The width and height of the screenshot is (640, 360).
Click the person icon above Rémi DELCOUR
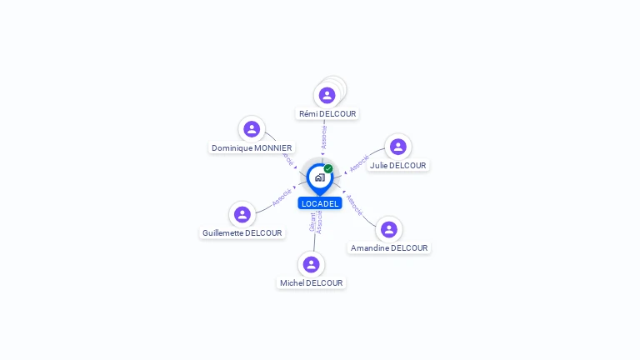pyautogui.click(x=327, y=95)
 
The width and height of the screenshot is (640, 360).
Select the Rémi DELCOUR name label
pyautogui.click(x=327, y=113)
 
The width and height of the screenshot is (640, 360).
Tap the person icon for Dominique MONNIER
pyautogui.click(x=252, y=129)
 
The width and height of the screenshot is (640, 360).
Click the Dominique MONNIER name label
pyautogui.click(x=252, y=147)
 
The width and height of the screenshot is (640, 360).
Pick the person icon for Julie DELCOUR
pyautogui.click(x=397, y=147)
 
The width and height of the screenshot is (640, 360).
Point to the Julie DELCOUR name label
pyautogui.click(x=397, y=165)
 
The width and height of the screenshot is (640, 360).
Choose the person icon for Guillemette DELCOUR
pyautogui.click(x=242, y=214)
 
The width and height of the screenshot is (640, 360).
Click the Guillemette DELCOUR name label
pyautogui.click(x=242, y=232)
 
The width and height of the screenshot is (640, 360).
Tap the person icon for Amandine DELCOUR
pyautogui.click(x=388, y=229)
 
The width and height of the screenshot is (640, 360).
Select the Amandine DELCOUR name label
pyautogui.click(x=389, y=247)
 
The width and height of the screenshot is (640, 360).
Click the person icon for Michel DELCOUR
pyautogui.click(x=312, y=264)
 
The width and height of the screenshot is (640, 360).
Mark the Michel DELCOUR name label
pyautogui.click(x=312, y=282)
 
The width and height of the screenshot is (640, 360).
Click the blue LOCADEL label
pyautogui.click(x=320, y=203)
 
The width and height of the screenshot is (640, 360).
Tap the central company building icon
pyautogui.click(x=319, y=177)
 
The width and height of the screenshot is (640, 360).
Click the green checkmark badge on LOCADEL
pyautogui.click(x=328, y=168)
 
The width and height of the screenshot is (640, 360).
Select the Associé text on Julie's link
pyautogui.click(x=359, y=162)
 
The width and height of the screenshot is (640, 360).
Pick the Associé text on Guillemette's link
pyautogui.click(x=282, y=197)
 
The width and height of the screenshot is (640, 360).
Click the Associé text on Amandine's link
pyautogui.click(x=354, y=205)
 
